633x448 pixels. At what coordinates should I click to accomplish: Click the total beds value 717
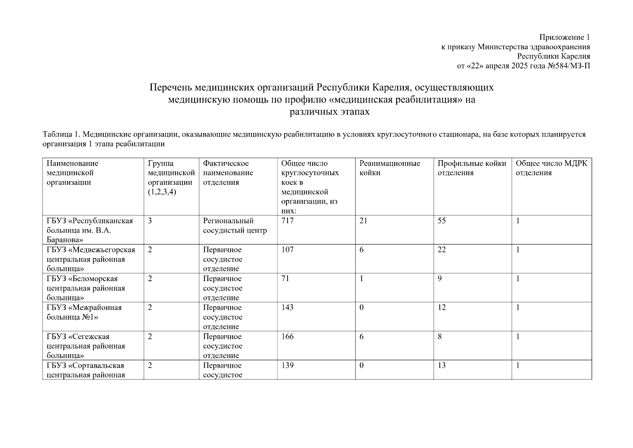[287, 221]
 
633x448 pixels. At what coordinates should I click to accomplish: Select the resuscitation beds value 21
[363, 221]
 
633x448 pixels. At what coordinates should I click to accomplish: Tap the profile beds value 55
[442, 221]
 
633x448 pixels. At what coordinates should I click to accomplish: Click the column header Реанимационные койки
[389, 168]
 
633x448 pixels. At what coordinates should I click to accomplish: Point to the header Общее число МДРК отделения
[551, 168]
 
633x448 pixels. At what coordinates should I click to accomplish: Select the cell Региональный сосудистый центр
[235, 225]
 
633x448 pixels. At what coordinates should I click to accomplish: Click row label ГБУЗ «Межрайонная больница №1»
[84, 312]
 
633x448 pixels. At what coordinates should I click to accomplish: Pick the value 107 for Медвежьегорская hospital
[287, 250]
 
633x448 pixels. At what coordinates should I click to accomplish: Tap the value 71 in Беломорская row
[285, 279]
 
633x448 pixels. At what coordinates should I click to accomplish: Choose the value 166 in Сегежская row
[287, 337]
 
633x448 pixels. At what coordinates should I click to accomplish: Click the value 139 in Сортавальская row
[287, 365]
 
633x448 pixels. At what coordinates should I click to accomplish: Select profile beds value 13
[442, 365]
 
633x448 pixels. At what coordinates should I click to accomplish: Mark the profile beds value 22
[442, 250]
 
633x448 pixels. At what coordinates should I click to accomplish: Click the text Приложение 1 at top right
[564, 37]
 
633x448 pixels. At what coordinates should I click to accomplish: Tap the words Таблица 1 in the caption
[61, 134]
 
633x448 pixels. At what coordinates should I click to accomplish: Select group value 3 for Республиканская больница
[150, 221]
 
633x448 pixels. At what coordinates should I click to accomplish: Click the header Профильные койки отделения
[471, 168]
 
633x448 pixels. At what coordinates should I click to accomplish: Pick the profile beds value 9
[440, 279]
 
